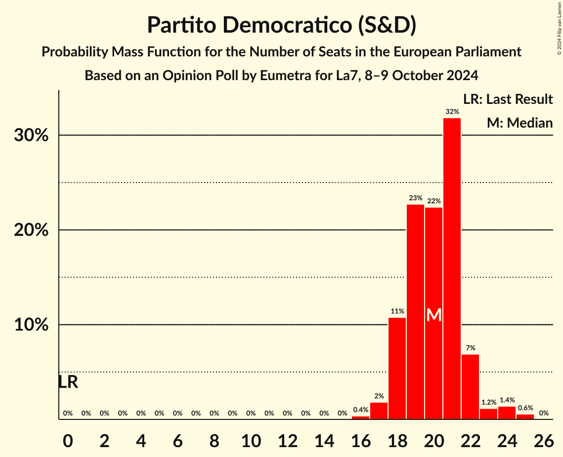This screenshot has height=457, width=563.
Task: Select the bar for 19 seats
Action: (415, 312)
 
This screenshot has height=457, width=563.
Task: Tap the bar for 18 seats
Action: (397, 368)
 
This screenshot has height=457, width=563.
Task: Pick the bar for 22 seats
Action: (470, 387)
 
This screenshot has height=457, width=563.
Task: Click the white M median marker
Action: (433, 315)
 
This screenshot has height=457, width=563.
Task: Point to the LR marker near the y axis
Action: (68, 382)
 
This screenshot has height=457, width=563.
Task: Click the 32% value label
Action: (452, 112)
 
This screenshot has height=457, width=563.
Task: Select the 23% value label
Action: (415, 198)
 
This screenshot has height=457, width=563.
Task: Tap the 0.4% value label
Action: (360, 410)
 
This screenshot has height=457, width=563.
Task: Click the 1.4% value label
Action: (507, 400)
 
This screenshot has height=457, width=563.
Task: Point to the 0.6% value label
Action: (525, 408)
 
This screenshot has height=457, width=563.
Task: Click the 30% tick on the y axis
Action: (31, 136)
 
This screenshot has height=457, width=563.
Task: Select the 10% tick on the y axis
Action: (31, 325)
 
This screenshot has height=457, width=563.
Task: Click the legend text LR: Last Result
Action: (508, 99)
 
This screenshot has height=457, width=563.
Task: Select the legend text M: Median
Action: (520, 122)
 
